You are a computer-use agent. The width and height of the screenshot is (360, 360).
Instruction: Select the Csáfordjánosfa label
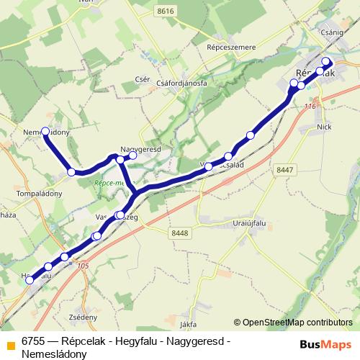click(x=181, y=83)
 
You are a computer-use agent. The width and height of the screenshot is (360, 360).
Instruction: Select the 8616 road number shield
click(x=165, y=11)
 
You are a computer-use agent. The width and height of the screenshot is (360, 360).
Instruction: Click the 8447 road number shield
click(x=284, y=169)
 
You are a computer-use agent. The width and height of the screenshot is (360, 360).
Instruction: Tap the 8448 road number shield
click(x=179, y=233)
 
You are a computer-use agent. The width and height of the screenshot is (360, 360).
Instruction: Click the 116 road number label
click(x=310, y=107)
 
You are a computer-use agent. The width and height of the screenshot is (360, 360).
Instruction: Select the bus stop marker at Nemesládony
click(x=45, y=132)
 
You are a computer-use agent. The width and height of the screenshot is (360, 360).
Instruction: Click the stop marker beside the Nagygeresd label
click(x=132, y=154)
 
